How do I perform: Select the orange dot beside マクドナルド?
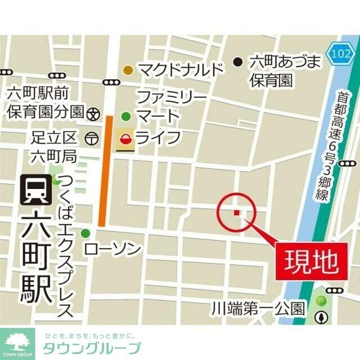click(x=128, y=70)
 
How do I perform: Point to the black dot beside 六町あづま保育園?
click(x=238, y=61)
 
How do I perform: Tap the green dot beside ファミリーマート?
click(x=127, y=116)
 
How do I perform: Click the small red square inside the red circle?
click(x=237, y=212)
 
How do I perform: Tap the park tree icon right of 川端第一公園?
click(x=322, y=317)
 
